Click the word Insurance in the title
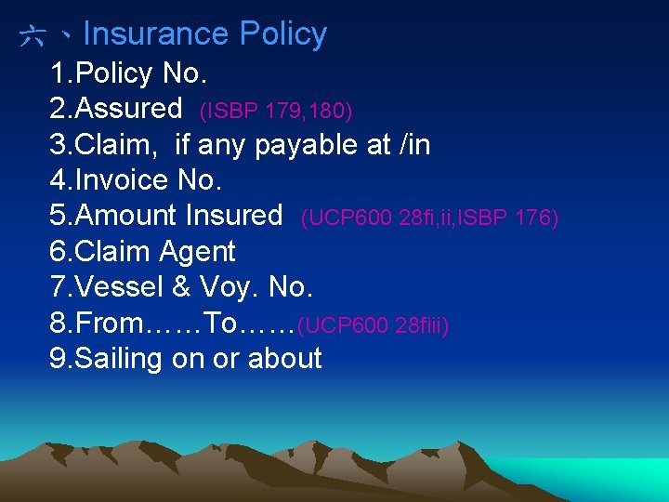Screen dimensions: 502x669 tap(156, 34)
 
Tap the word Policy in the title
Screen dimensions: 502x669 tap(282, 34)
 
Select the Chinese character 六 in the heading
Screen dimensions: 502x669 tap(33, 36)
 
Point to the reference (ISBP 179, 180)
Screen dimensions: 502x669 tap(276, 111)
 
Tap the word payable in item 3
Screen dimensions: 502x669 tap(308, 145)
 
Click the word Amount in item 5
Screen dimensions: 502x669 tap(126, 216)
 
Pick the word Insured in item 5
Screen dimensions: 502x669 tap(233, 216)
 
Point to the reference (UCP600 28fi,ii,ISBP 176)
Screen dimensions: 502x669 tap(429, 218)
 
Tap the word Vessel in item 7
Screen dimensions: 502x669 tap(120, 287)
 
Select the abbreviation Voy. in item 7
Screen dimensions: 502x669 tap(226, 287)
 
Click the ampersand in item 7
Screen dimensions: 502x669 tap(181, 287)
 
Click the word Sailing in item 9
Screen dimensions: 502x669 tap(119, 359)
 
